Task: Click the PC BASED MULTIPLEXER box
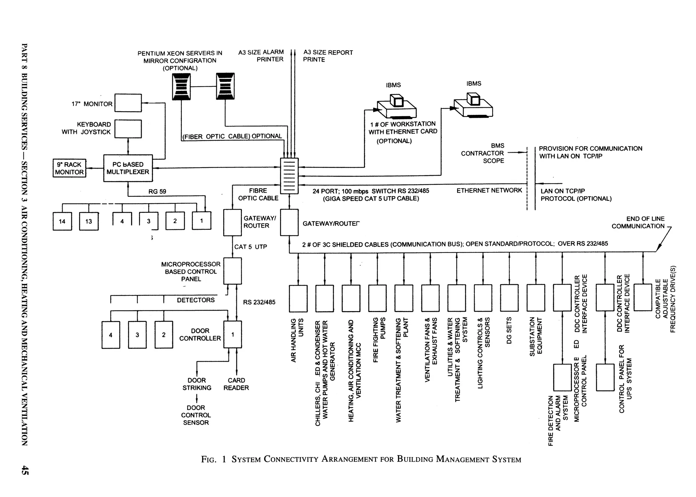pos(128,168)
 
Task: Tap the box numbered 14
pos(62,221)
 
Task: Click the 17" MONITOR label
pos(92,104)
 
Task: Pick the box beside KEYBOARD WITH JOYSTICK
pos(128,128)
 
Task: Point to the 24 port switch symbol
pos(289,176)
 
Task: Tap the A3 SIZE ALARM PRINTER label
pos(261,56)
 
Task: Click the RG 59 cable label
pos(157,191)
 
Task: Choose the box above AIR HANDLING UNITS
pos(298,298)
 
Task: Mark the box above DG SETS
pos(509,298)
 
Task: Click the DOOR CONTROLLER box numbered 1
pos(232,335)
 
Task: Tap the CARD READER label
pos(236,384)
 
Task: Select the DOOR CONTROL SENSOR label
pos(196,415)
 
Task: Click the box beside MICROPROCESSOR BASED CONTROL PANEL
pos(232,271)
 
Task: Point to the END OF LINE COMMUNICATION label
pos(638,222)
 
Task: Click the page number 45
pos(24,470)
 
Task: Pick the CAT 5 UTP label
pos(250,247)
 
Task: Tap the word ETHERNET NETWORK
pos(489,190)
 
